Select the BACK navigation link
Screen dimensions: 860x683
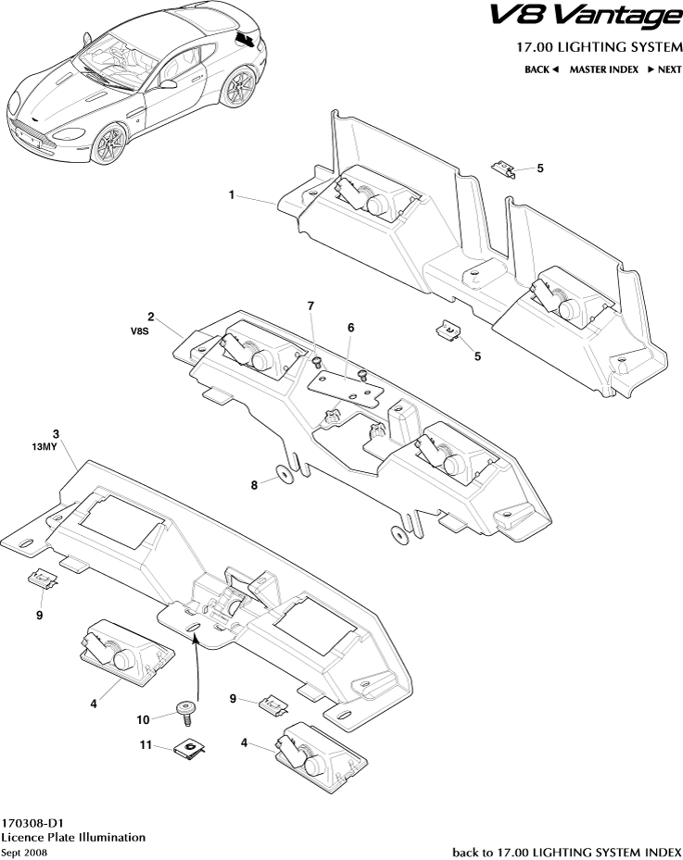541,69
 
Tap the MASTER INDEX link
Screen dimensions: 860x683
603,69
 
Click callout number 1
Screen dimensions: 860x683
232,195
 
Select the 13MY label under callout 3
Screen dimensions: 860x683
44,446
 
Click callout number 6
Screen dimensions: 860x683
351,328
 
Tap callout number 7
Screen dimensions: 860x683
311,305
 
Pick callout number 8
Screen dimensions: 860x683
253,483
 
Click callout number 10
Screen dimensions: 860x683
143,718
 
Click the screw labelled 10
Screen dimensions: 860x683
186,712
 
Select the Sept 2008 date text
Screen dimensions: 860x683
24,853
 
